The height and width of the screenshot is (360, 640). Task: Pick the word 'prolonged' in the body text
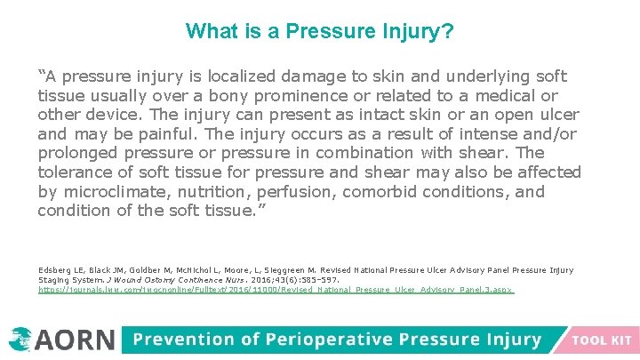point(77,154)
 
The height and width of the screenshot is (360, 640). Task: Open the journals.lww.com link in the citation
point(276,290)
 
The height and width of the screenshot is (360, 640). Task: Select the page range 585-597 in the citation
point(317,280)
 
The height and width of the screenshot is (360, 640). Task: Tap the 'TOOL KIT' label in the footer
point(602,340)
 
